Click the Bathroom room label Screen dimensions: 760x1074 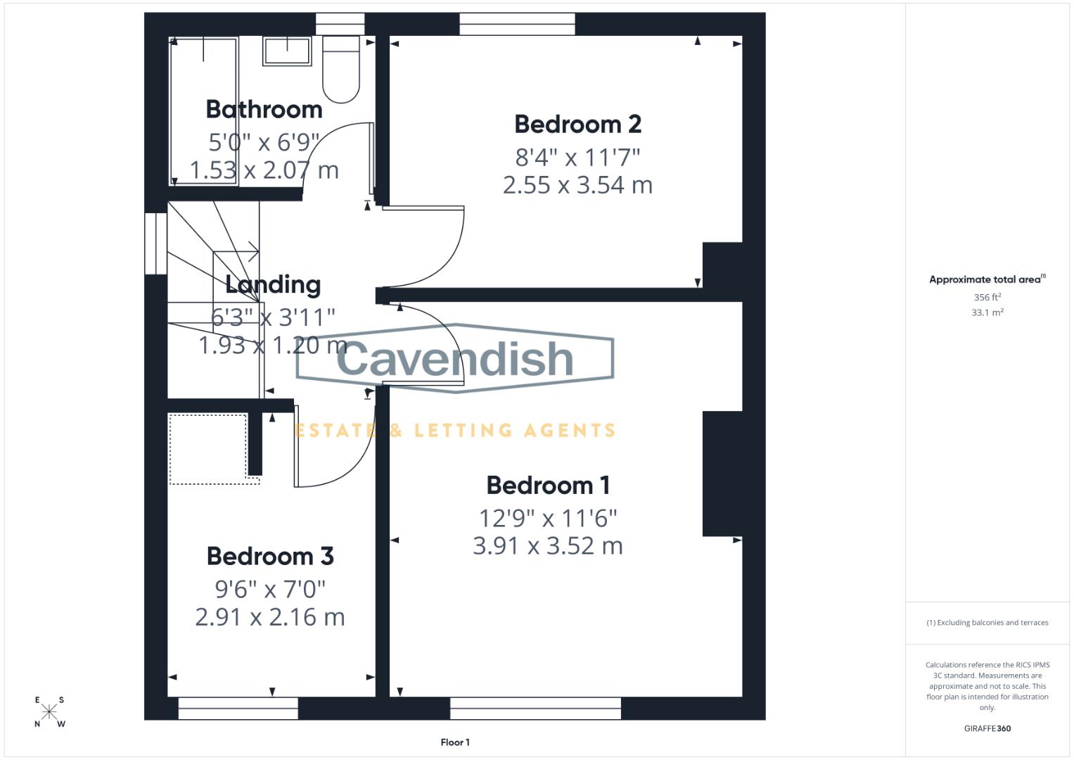coord(264,110)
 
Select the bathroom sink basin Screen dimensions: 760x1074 coord(287,51)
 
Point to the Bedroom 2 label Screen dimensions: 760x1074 coord(577,125)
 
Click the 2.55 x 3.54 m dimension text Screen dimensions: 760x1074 coord(577,185)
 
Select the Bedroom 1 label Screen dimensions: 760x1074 coord(548,486)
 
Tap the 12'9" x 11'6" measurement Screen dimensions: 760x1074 coord(548,519)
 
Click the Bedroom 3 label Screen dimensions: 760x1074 coord(270,557)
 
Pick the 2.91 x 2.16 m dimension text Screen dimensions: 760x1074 coord(270,617)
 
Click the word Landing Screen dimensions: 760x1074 coord(273,284)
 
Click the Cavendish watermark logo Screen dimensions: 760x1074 coord(455,359)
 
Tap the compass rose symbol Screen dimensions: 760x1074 coord(49,711)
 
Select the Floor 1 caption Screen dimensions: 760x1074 coord(455,742)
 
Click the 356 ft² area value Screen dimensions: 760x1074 coord(987,298)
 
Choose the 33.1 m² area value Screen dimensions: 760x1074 coord(987,312)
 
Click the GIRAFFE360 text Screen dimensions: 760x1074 coord(987,728)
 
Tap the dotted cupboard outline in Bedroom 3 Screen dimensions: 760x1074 coord(207,449)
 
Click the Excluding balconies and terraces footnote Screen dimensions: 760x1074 coord(987,623)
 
